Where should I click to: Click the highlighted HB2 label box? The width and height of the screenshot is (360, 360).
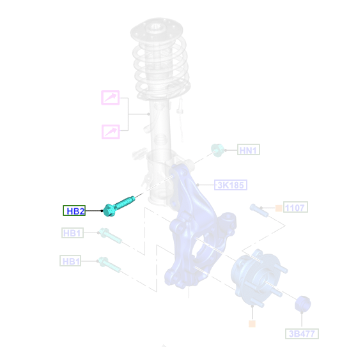click(x=74, y=211)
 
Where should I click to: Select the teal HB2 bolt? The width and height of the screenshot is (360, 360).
click(x=118, y=206)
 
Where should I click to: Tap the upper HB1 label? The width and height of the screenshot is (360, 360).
click(x=73, y=233)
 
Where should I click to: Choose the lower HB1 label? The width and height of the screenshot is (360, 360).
click(x=70, y=261)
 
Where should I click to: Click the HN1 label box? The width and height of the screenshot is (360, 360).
click(x=248, y=150)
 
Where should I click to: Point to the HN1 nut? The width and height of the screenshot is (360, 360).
click(x=217, y=150)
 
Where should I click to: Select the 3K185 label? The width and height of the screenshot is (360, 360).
click(x=231, y=185)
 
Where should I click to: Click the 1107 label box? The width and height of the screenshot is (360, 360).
click(x=295, y=207)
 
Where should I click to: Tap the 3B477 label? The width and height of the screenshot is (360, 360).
click(x=302, y=334)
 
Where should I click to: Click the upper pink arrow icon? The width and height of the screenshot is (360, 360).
click(x=110, y=98)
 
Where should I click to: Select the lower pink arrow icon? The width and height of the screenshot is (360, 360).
click(x=111, y=132)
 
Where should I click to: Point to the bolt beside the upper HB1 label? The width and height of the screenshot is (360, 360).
click(x=110, y=235)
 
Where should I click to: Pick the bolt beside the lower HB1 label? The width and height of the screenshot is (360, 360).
click(x=109, y=264)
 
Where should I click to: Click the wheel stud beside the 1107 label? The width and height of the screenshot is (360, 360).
click(x=259, y=210)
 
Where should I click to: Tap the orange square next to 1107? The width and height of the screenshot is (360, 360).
click(x=278, y=208)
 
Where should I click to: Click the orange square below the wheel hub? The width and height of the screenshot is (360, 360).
click(x=252, y=324)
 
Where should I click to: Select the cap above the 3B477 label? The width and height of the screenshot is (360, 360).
click(x=303, y=304)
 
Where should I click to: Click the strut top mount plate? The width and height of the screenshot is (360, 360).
click(x=156, y=30)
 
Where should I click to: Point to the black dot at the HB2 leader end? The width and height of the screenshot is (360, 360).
click(x=102, y=211)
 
